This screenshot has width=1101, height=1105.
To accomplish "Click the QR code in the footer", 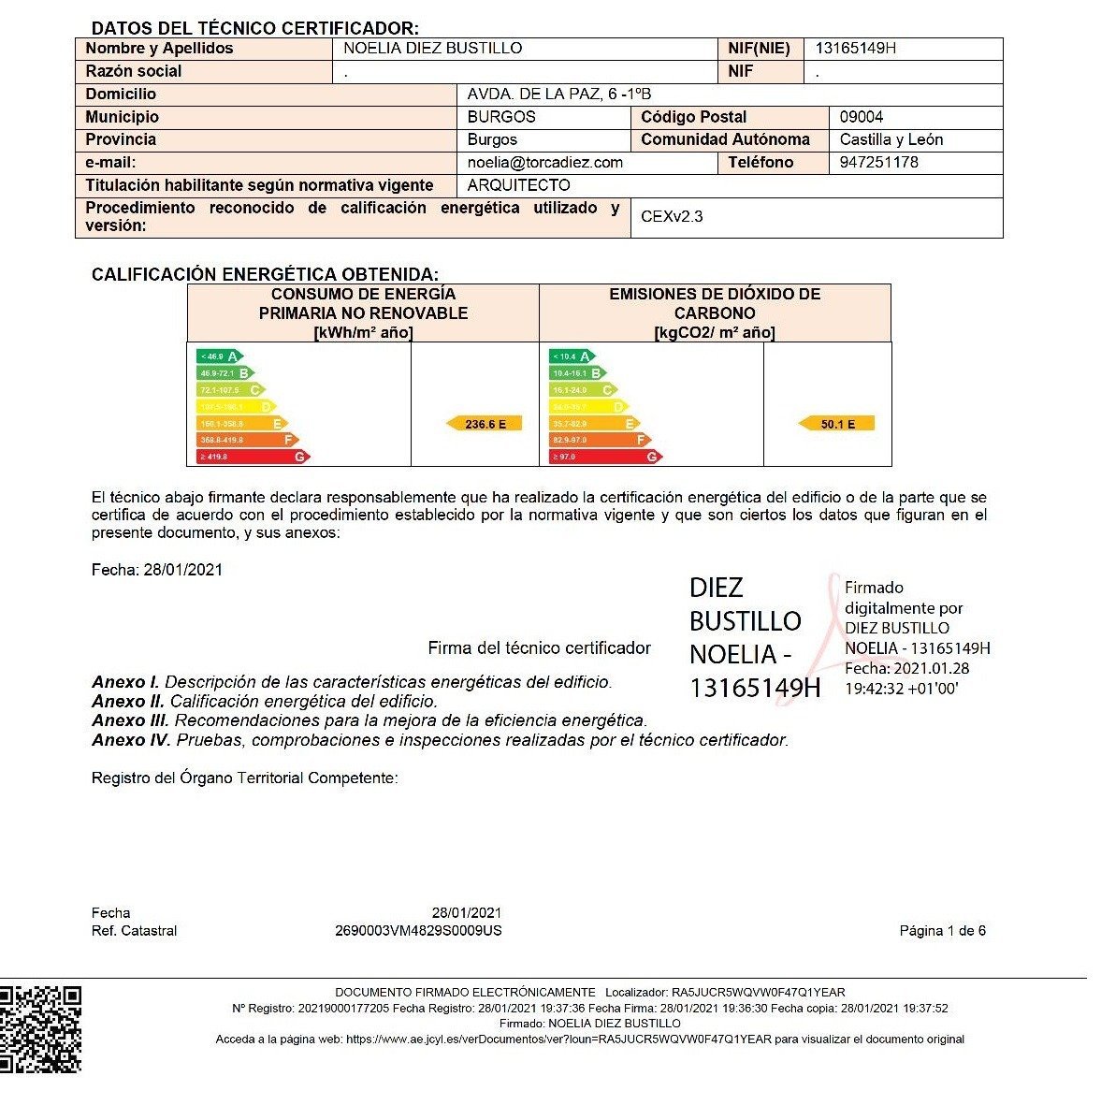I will coord(40,1028).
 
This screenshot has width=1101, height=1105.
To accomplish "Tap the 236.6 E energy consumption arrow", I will coord(485,424).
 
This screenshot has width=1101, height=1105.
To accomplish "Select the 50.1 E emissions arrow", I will coord(836,424).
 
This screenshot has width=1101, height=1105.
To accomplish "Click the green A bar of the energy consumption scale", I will coord(219,356).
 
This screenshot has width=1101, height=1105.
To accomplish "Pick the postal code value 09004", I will coord(862,117).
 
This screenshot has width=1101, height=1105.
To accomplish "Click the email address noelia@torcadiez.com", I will coord(545,162).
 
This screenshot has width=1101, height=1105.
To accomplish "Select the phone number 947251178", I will coord(879,162).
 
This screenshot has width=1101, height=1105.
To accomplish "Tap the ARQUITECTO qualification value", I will coord(519,185).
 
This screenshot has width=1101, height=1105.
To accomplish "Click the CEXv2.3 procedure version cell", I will coord(672,216).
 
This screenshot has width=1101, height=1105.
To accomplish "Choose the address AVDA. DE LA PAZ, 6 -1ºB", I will coord(559,94).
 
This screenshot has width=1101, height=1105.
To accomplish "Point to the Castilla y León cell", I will coord(891,139).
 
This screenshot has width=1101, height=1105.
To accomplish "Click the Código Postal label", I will coord(694,117).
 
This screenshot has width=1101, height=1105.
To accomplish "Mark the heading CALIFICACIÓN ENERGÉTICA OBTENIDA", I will coord(265,274).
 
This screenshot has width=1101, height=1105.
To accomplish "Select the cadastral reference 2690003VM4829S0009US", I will coord(418,931).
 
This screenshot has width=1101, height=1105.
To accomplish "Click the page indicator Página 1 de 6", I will coord(942,931).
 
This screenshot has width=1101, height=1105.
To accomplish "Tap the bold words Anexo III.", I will coord(130,720).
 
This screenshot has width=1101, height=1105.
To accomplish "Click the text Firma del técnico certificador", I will coord(539,647).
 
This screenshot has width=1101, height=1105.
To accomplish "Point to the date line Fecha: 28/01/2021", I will coord(157,570).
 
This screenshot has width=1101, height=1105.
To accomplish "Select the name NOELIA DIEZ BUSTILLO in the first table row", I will coord(433,49).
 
